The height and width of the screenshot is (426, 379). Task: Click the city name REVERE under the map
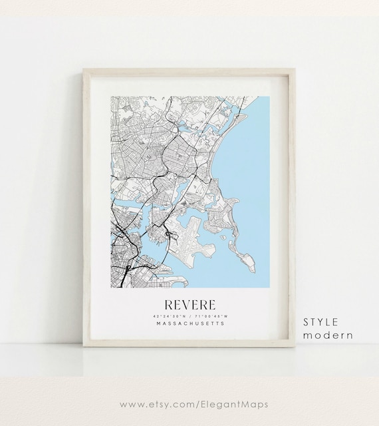point(189,305)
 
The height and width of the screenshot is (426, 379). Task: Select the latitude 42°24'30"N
point(168,316)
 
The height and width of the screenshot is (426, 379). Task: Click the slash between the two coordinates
point(190,316)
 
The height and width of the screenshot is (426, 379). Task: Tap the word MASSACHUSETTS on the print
point(189,324)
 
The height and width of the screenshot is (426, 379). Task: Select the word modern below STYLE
point(328,335)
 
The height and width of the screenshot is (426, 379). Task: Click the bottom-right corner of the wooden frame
point(295,347)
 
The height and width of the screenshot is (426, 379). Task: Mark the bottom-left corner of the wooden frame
point(83,347)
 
